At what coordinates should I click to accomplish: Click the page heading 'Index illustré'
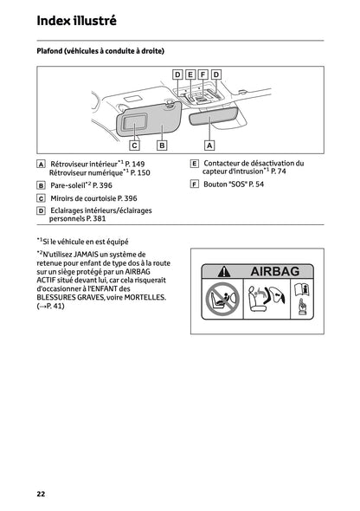pos(76,20)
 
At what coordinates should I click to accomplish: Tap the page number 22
pos(41,494)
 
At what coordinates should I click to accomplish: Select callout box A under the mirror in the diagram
pos(208,145)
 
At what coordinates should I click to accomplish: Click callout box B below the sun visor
pos(162,145)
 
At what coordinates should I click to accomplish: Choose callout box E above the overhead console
pos(190,75)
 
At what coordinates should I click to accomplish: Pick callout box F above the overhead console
pos(203,75)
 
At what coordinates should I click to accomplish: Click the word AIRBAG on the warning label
pos(273,271)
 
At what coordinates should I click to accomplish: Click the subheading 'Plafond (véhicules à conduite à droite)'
pos(100,52)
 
